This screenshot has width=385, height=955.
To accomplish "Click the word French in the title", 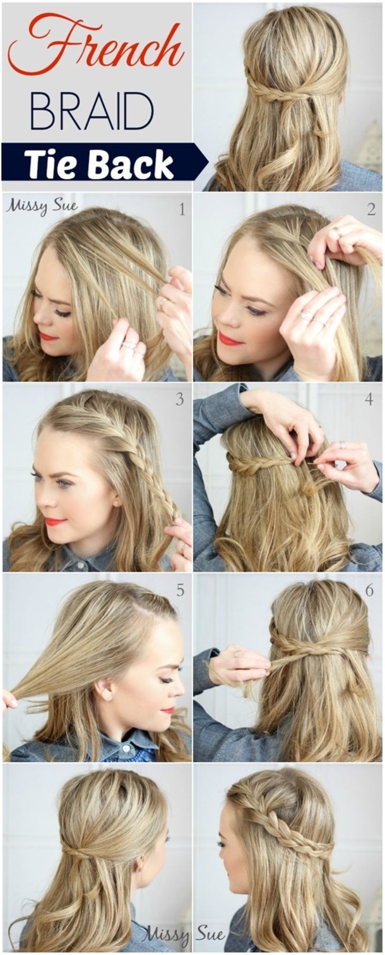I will tap(95, 46).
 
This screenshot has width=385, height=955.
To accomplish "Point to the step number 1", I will tap(182, 210).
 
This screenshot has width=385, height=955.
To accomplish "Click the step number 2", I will tap(371, 210).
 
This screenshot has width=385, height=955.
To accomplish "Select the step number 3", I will tap(180, 399).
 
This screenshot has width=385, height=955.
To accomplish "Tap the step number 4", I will tap(369, 399).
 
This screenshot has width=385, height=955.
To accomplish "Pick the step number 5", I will tap(181, 590).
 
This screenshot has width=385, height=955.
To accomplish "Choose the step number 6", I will tap(369, 590).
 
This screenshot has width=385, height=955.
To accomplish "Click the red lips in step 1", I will tap(49, 336).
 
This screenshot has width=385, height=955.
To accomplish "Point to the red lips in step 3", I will tap(55, 521).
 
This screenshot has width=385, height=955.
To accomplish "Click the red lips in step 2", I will tap(230, 339).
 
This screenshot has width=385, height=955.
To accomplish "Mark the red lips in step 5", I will tap(168, 710).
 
